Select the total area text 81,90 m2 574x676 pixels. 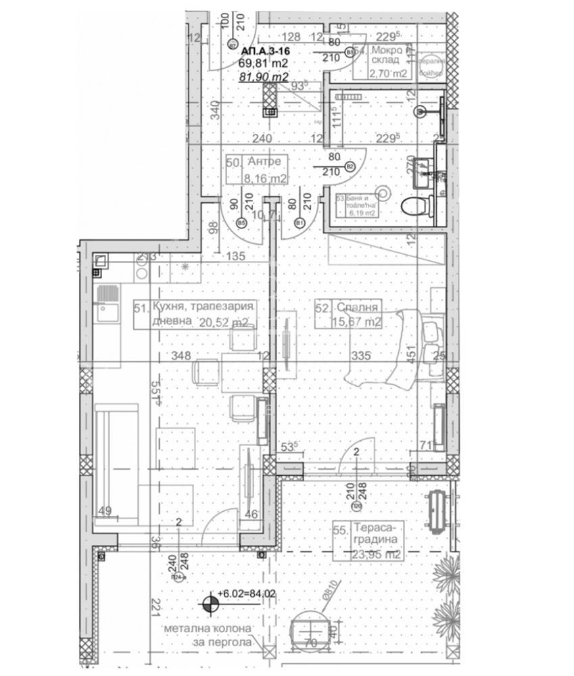pyautogui.click(x=264, y=76)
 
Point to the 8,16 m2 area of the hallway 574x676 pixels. pyautogui.click(x=265, y=179)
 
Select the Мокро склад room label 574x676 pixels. pyautogui.click(x=387, y=56)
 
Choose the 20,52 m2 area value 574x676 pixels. pyautogui.click(x=224, y=322)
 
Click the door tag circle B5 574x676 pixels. pyautogui.click(x=241, y=222)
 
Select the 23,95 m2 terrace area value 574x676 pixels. pyautogui.click(x=377, y=554)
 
